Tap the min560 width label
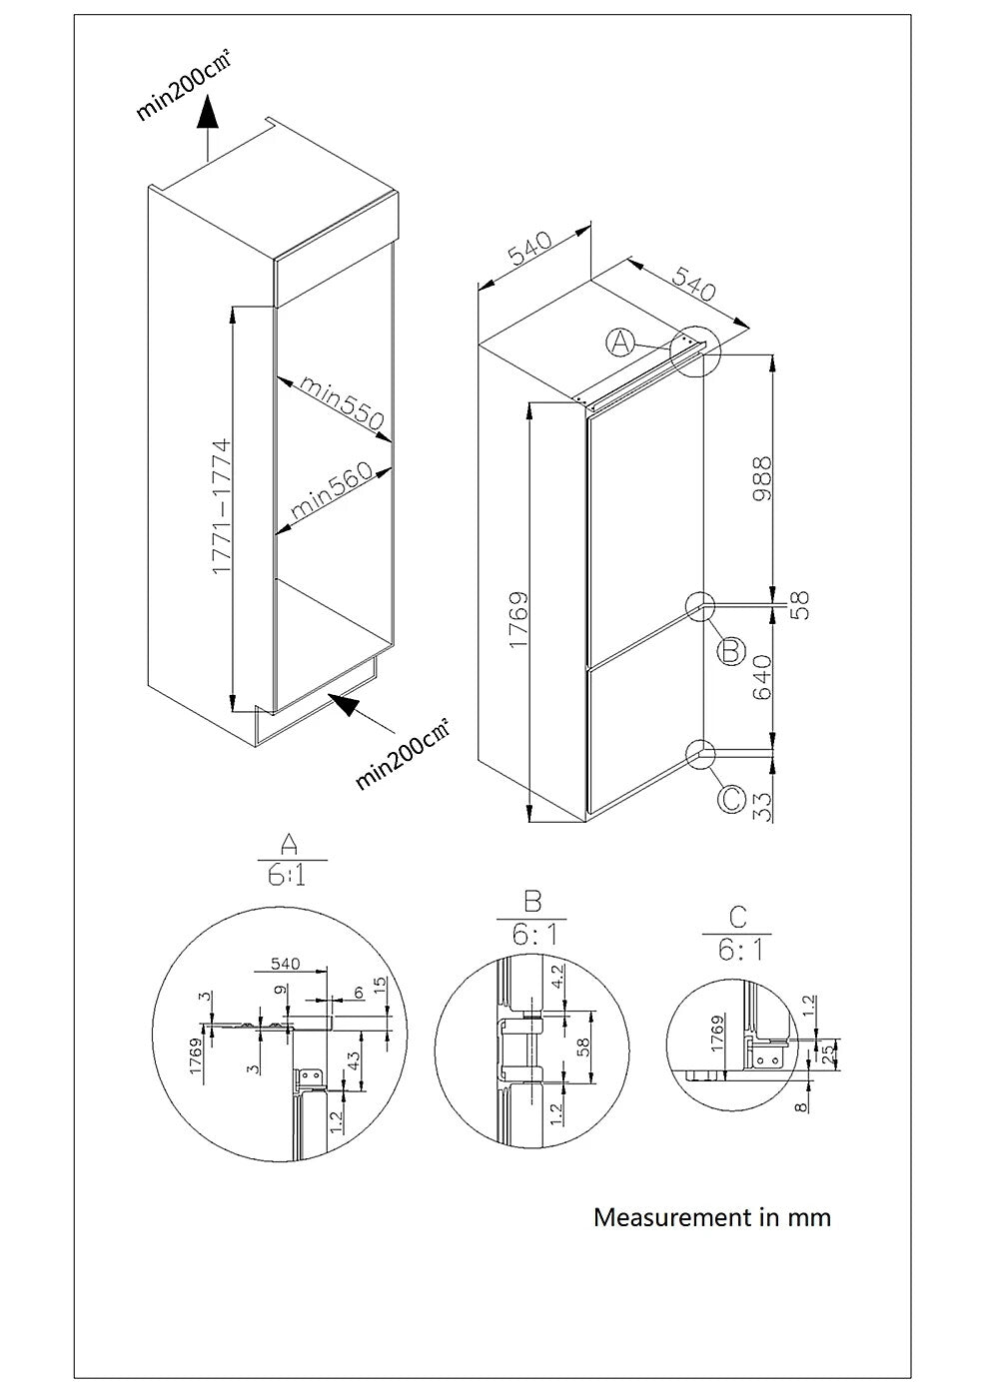click(x=332, y=492)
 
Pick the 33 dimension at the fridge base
click(x=763, y=805)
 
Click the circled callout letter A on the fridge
click(x=620, y=343)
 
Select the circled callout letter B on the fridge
click(x=731, y=651)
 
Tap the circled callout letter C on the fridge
click(x=731, y=799)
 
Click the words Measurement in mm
click(x=711, y=1217)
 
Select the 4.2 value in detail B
click(x=557, y=975)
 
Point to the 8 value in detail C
click(x=801, y=1106)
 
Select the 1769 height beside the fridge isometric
click(x=518, y=620)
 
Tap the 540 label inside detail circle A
click(x=285, y=964)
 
